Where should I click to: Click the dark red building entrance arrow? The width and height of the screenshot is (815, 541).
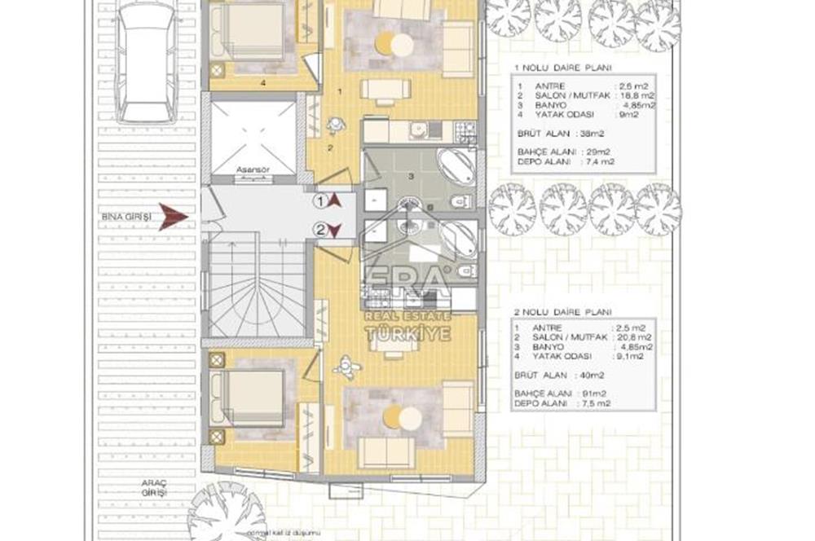pyautogui.click(x=173, y=217)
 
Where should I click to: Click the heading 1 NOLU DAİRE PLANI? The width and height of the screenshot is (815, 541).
pyautogui.click(x=562, y=68)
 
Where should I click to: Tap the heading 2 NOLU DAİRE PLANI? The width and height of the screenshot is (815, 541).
pyautogui.click(x=562, y=310)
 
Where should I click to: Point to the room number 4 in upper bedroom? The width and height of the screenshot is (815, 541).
pyautogui.click(x=263, y=82)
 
